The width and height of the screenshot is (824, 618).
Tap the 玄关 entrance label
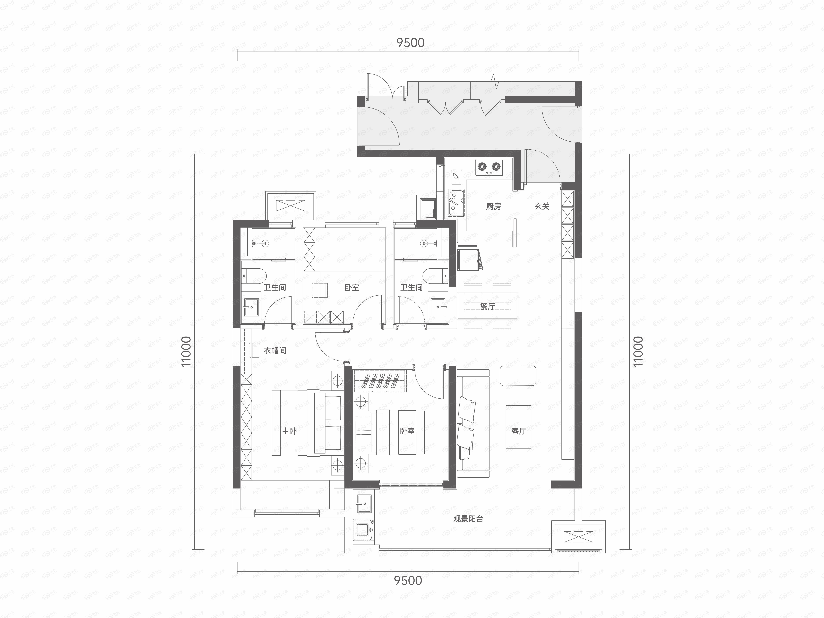tap(542, 206)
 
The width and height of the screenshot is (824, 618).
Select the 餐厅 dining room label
tap(487, 306)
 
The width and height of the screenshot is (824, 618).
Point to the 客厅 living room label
tap(519, 431)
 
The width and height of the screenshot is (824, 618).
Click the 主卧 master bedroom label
tap(289, 431)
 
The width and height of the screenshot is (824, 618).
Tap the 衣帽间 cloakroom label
tap(275, 350)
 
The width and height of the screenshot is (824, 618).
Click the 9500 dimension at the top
tap(410, 43)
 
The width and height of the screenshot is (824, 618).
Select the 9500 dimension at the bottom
tap(408, 580)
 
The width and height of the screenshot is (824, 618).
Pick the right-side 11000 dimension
tap(638, 351)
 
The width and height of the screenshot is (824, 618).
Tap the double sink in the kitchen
tap(456, 203)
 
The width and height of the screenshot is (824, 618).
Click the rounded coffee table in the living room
tap(518, 375)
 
